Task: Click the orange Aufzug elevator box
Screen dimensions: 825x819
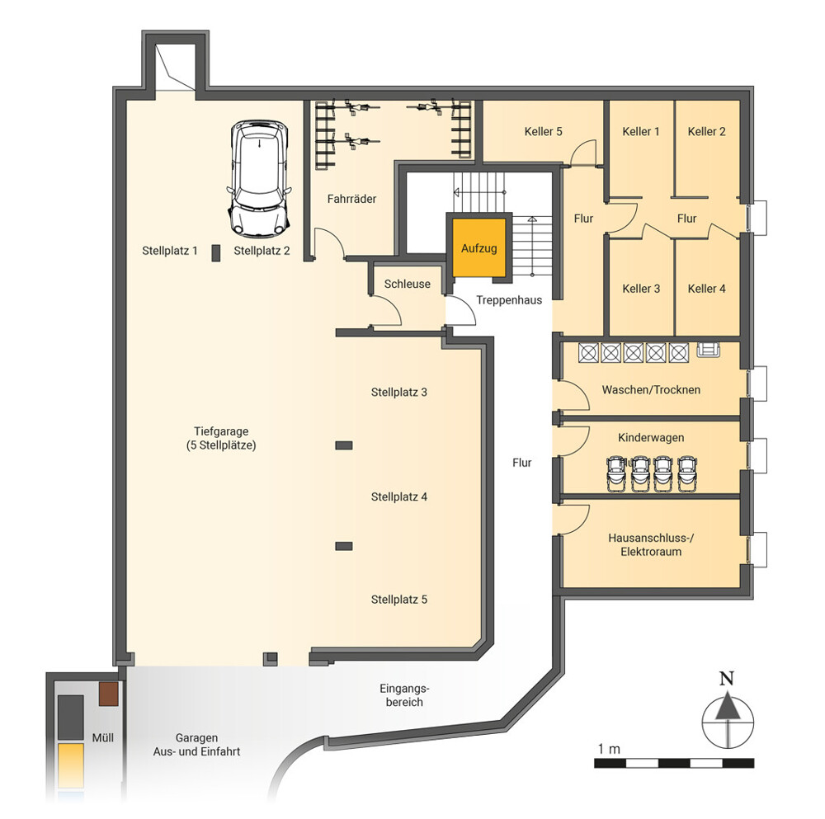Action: tap(478, 247)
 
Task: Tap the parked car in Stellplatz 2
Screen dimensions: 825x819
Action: tap(259, 178)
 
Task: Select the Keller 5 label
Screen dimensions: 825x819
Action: tap(543, 131)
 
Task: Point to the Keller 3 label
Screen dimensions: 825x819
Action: tap(641, 289)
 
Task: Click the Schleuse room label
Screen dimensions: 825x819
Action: tap(408, 284)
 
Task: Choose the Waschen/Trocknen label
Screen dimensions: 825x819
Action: tap(651, 390)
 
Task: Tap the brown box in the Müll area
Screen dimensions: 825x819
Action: tap(109, 694)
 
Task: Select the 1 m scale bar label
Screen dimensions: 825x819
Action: tap(609, 749)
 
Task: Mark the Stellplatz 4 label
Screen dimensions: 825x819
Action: tap(398, 497)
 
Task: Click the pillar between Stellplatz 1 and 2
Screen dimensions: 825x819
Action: tap(215, 253)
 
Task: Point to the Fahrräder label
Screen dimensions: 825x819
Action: tap(351, 199)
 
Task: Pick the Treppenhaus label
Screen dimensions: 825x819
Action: tap(509, 300)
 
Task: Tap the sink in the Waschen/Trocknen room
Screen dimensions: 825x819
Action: tap(708, 350)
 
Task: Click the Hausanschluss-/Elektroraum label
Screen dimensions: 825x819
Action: tap(651, 545)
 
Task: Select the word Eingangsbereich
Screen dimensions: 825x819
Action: tap(404, 695)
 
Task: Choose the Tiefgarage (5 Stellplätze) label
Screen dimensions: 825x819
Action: tap(221, 438)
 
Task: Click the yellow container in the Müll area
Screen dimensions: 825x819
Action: tap(70, 765)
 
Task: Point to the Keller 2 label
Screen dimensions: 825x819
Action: tap(706, 131)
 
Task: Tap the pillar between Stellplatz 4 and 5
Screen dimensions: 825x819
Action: tap(344, 546)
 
